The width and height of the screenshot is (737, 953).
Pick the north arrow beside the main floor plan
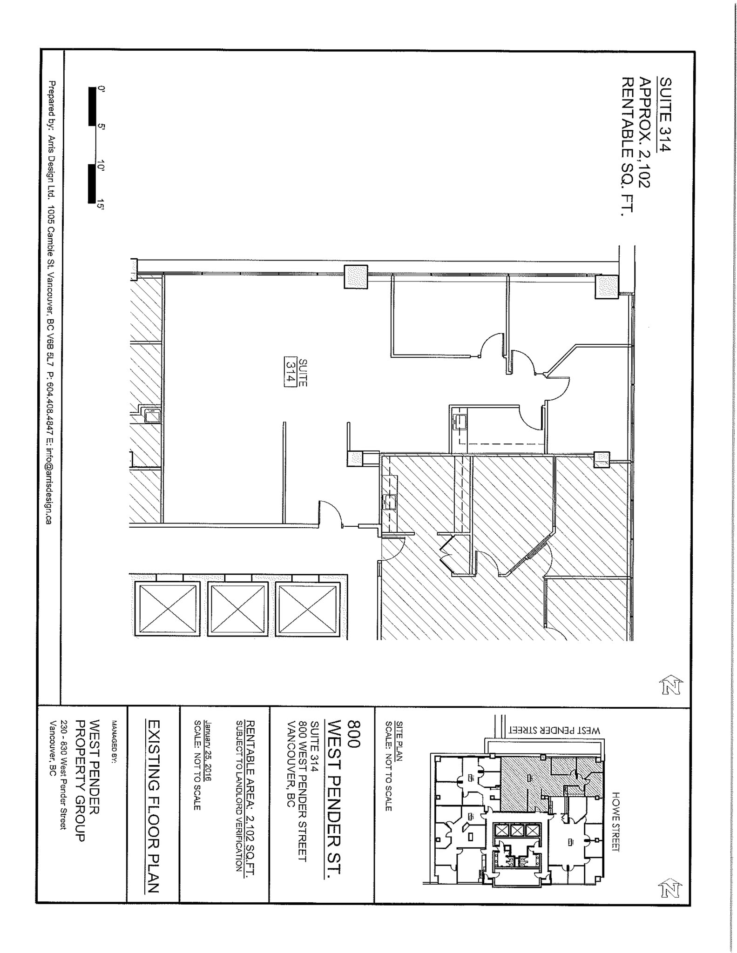(x=671, y=685)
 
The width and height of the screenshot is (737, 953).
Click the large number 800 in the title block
(x=354, y=734)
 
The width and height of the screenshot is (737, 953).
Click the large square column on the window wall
(x=356, y=277)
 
